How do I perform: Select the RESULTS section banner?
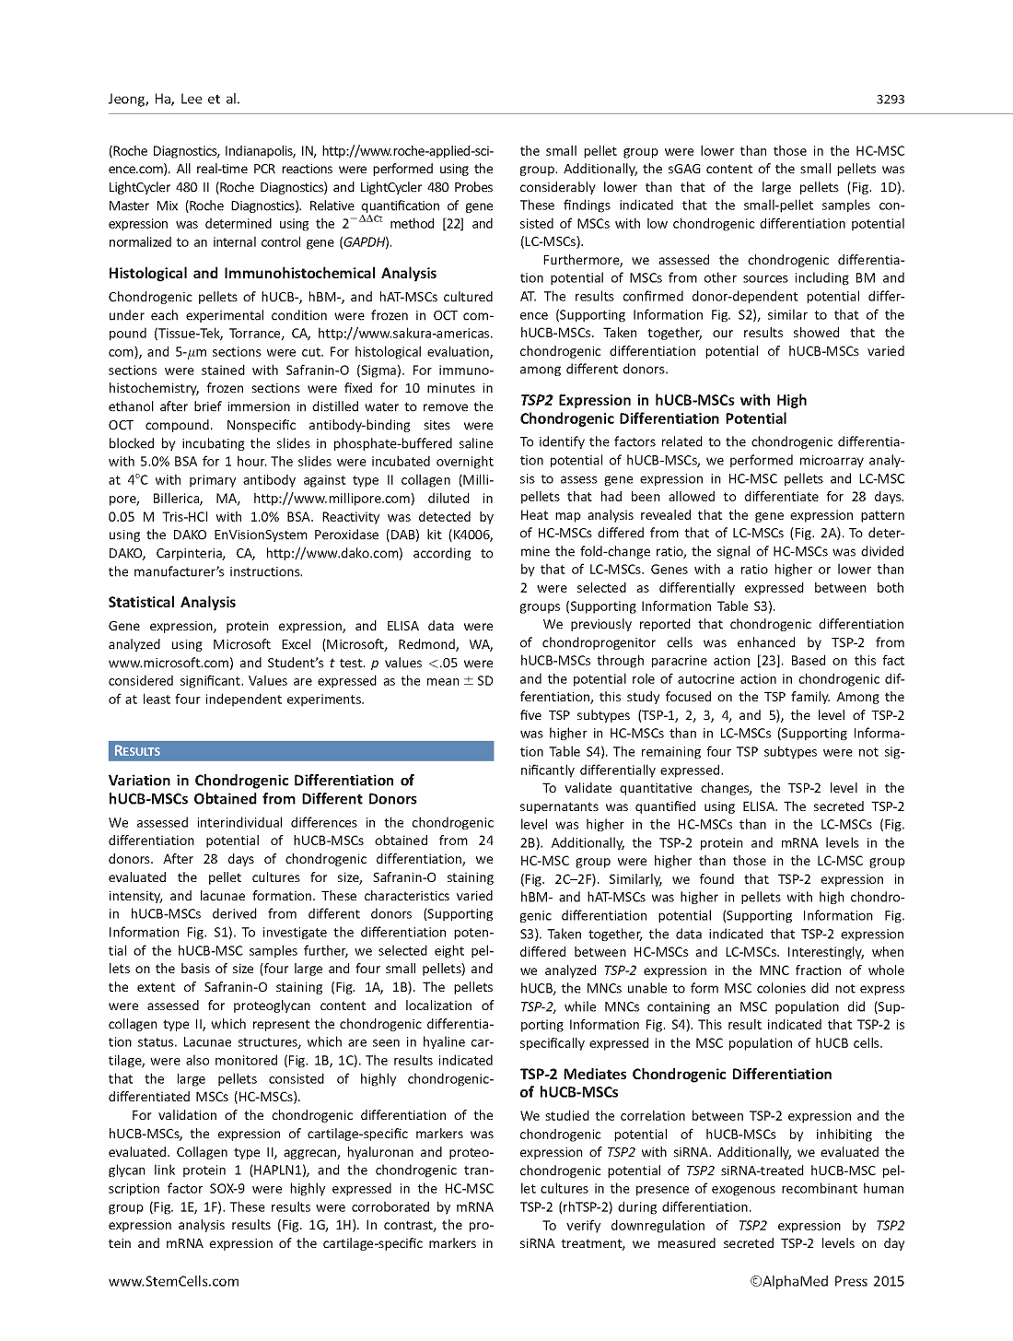(x=137, y=751)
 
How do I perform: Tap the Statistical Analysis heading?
(x=172, y=603)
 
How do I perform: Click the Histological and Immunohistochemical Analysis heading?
(x=273, y=274)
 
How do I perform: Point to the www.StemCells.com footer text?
(x=174, y=1280)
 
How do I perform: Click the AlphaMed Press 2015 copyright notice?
(x=828, y=1280)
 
